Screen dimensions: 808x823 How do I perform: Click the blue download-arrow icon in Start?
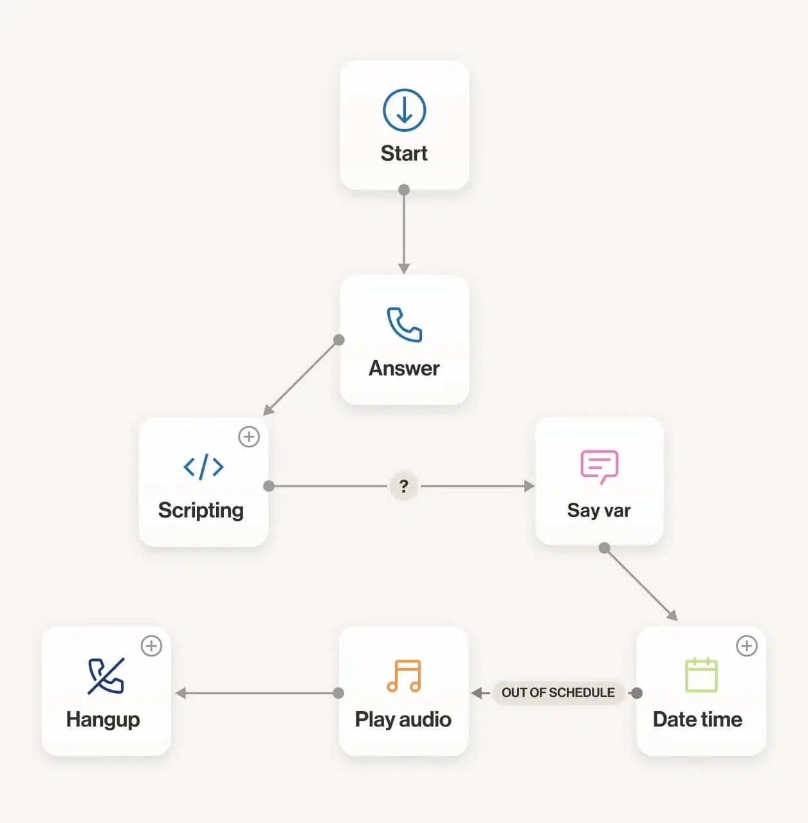(404, 110)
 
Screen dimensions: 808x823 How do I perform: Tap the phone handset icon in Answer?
(404, 325)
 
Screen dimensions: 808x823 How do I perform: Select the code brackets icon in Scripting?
(203, 466)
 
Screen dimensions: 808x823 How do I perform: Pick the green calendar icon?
(701, 674)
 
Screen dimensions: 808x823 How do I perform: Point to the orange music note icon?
(404, 676)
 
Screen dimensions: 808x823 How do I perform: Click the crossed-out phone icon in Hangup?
(106, 676)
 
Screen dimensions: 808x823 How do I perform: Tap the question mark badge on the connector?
(403, 486)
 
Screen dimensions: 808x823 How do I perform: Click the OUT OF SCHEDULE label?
(558, 692)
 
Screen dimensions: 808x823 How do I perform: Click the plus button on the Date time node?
(747, 646)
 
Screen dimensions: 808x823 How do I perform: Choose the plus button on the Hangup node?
(151, 646)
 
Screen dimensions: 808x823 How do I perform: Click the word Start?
(404, 153)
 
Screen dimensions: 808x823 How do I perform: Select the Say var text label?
(599, 511)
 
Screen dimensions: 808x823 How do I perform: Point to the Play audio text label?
(403, 719)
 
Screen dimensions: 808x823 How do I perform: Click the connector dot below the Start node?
(404, 190)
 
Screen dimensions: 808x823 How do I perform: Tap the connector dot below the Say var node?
(604, 548)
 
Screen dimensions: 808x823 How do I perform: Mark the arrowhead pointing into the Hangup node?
(180, 692)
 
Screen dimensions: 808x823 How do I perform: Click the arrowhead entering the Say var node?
(529, 486)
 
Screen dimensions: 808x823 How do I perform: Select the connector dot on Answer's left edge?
(338, 340)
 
